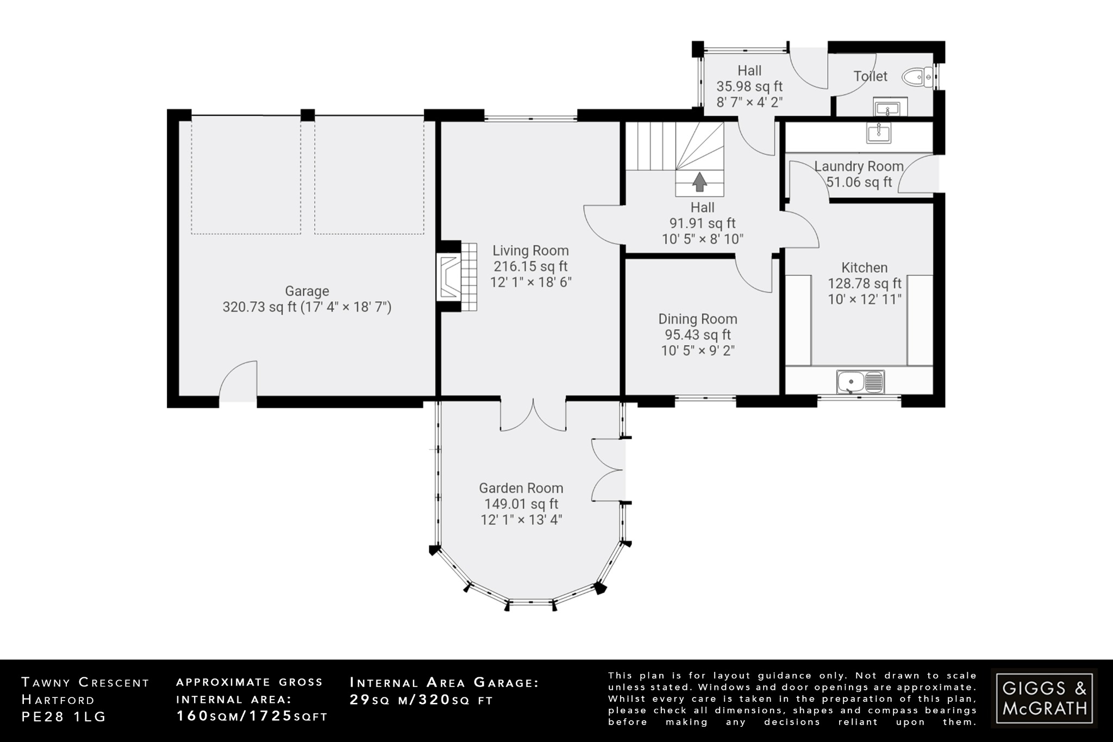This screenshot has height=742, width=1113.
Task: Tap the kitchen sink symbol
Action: tap(860, 381)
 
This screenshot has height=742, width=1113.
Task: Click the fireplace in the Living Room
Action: tap(451, 277)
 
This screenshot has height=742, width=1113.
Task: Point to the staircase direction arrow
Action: tap(699, 182)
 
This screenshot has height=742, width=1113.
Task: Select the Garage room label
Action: tap(307, 291)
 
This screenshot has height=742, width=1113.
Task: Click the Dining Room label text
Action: tap(698, 319)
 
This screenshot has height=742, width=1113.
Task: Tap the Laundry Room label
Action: tap(859, 166)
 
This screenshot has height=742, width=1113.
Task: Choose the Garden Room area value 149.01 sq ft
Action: tap(521, 504)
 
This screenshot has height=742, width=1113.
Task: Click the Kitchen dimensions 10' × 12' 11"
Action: tap(864, 299)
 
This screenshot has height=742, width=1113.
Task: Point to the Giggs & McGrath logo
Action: tap(1044, 698)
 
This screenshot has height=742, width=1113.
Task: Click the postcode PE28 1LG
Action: tap(64, 716)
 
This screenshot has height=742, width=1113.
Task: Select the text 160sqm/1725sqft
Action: tap(252, 716)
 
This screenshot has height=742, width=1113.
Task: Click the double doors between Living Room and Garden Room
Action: tap(533, 415)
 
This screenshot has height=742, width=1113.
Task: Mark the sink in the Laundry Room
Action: tap(879, 132)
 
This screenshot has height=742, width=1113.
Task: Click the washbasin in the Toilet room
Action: tap(890, 107)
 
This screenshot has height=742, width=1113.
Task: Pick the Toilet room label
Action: tap(870, 77)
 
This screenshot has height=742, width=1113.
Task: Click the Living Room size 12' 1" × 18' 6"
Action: tap(530, 282)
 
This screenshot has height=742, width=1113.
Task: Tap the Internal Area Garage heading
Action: tap(444, 683)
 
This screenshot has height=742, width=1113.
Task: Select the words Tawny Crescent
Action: tap(85, 683)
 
